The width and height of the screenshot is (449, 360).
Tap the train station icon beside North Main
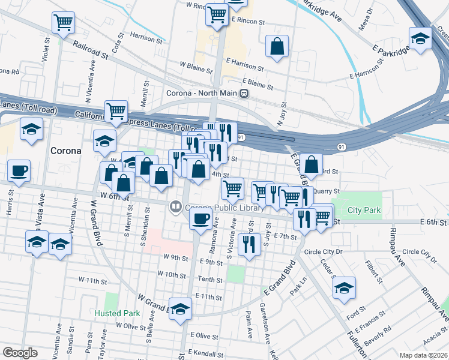[244, 94]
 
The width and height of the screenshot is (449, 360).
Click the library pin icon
[176, 208]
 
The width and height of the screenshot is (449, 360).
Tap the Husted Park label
[117, 313]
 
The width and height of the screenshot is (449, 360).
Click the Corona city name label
[65, 151]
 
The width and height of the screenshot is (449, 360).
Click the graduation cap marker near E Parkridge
[421, 39]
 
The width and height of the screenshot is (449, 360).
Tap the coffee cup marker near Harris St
[19, 170]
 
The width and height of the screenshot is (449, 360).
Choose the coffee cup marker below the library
[201, 218]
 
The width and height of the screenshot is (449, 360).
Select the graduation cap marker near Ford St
[344, 287]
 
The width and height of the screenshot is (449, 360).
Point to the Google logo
[20, 353]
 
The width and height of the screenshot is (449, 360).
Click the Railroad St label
[91, 50]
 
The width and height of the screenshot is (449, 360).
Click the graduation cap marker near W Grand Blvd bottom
[180, 308]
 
